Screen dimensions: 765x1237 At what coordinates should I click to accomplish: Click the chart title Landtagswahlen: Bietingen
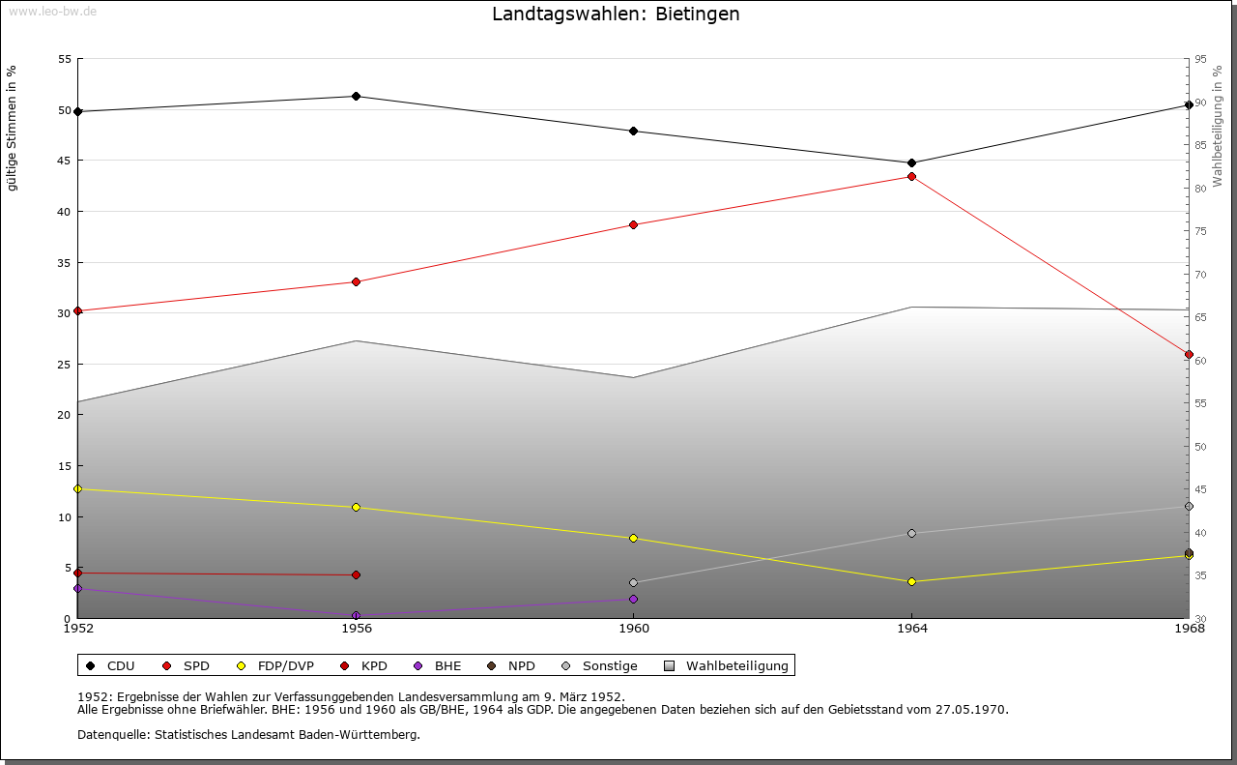[x=616, y=15]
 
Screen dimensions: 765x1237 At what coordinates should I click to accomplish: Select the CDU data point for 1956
[x=357, y=97]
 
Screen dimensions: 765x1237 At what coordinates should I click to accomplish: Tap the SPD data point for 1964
[x=911, y=177]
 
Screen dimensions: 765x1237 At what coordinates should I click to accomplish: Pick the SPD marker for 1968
[x=1189, y=355]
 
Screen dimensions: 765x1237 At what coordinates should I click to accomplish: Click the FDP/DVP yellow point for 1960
[x=634, y=539]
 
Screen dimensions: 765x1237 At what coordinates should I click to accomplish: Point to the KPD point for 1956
[x=357, y=575]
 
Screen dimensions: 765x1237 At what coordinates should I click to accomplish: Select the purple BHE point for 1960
[x=634, y=600]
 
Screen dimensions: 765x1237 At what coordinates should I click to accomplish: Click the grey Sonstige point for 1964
[x=911, y=534]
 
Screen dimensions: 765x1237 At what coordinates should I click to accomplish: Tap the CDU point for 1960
[x=634, y=132]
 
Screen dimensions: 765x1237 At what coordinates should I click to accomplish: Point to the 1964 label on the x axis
[x=911, y=629]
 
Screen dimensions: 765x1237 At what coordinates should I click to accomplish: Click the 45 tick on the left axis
[x=65, y=161]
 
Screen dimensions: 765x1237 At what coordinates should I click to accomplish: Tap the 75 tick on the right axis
[x=1200, y=231]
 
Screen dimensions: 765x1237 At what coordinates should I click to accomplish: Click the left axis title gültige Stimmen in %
[x=13, y=129]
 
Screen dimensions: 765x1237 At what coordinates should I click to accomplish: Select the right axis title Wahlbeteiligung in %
[x=1218, y=126]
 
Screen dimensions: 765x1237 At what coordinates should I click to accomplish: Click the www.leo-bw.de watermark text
[x=51, y=11]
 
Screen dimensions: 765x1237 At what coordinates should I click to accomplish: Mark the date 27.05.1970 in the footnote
[x=971, y=710]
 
